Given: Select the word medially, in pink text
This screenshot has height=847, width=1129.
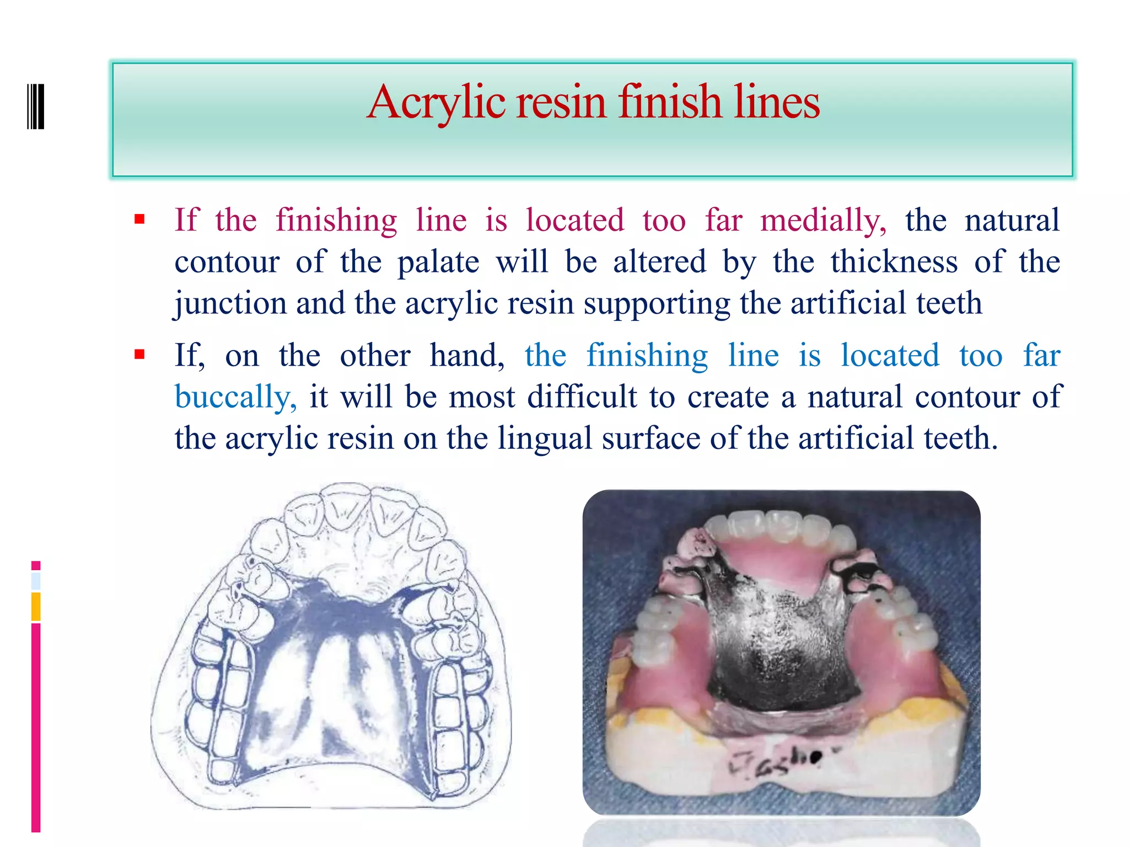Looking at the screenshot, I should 824,220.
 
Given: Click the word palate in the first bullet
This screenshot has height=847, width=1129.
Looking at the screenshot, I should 438,261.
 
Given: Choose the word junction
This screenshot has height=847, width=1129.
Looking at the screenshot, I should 230,303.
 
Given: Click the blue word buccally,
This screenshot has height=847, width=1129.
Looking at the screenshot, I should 235,397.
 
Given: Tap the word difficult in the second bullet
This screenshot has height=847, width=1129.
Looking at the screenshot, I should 582,397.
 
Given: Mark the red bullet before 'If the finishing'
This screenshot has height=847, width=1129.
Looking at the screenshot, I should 139,219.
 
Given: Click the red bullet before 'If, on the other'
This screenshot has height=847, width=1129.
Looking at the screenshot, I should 139,354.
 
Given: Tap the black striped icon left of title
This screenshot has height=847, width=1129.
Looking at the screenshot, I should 36,106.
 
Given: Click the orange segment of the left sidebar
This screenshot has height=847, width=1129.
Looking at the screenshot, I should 36,606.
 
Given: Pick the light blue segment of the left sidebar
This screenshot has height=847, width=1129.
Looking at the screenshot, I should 36,581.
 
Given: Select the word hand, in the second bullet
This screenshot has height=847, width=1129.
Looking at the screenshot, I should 466,355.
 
